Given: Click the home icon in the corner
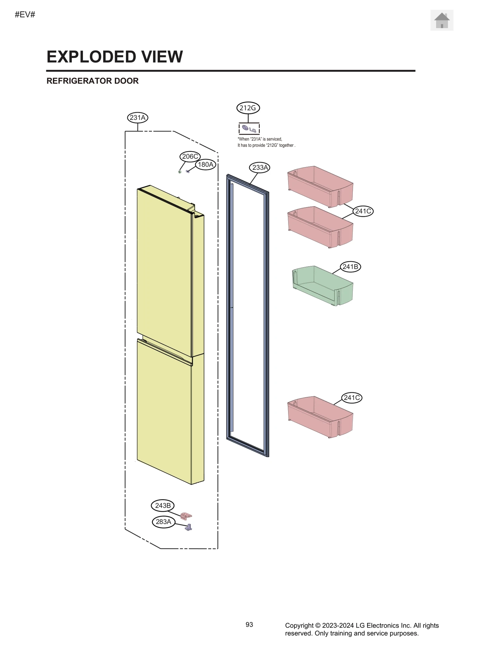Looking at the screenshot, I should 442,20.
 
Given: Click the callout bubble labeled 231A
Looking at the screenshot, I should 138,118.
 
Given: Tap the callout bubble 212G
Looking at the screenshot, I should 248,108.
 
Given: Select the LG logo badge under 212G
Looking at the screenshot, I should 249,129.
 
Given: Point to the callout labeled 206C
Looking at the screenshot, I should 190,156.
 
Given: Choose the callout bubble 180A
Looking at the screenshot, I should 206,165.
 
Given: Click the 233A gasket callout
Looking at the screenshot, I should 259,168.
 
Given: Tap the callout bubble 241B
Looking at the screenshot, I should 350,267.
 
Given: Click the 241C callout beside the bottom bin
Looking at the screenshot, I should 352,398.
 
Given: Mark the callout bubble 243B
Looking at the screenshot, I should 163,505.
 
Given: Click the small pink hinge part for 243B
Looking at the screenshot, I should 186,516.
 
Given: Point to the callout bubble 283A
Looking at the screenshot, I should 163,522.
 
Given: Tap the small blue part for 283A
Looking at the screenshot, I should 189,527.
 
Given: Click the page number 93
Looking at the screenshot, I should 249,625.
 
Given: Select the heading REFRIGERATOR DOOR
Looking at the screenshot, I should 92,81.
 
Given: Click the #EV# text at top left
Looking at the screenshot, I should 25,15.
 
